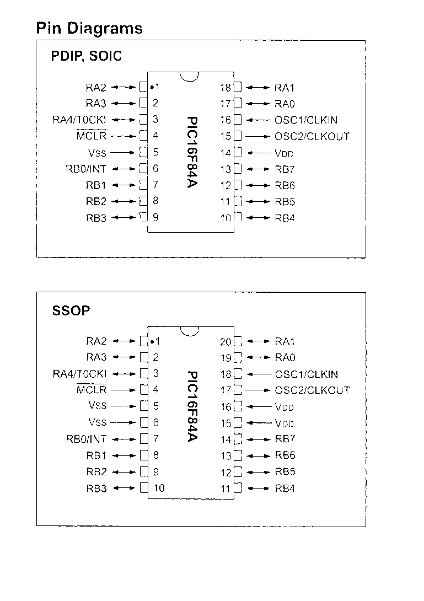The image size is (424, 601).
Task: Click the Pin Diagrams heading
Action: pos(89,28)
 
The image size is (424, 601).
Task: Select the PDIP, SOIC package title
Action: pos(87,56)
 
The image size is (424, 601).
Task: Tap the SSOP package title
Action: pos(71,311)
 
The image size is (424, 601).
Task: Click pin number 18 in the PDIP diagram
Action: pos(225,87)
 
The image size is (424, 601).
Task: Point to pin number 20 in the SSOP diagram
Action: pos(226,342)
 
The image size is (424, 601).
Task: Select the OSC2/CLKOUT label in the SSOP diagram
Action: pos(312,390)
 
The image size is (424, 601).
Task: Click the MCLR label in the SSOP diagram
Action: pos(92,390)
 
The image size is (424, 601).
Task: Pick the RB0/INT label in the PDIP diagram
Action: pos(85,169)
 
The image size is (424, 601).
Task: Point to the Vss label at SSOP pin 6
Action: pos(97,422)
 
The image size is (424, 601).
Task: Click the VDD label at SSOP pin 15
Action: pos(285,423)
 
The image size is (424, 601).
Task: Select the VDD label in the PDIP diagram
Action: pos(285,153)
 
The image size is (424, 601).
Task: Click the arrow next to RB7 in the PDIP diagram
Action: pos(257,169)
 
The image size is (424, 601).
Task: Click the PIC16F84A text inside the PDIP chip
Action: pos(191,152)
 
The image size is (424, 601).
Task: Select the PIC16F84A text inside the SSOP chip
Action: pos(191,406)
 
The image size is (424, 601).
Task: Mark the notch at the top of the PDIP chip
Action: pos(189,77)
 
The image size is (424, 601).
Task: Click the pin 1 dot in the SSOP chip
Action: pos(151,341)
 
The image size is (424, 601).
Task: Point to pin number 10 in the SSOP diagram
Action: pos(159,488)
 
